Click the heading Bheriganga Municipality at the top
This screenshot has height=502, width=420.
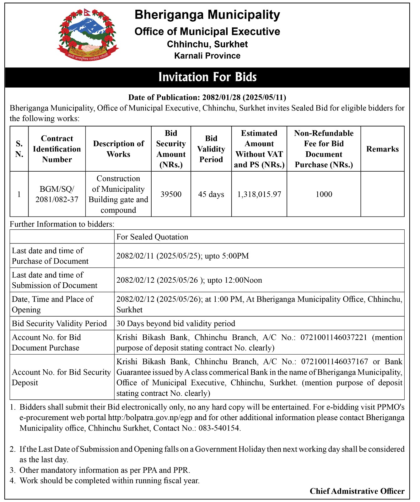tap(207, 15)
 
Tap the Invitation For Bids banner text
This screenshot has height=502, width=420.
tap(207, 77)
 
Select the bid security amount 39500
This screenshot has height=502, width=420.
tap(171, 194)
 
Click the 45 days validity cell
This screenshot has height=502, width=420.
tap(211, 194)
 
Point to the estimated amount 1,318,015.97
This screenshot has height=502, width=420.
tap(259, 194)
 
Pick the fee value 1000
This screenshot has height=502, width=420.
tap(324, 194)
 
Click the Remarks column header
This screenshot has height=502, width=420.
tap(382, 149)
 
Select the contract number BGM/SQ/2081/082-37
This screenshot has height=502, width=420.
tap(57, 194)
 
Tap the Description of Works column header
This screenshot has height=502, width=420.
tap(118, 149)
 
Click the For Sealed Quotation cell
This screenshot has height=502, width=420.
tap(152, 237)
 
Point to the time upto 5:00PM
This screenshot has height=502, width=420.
tap(227, 256)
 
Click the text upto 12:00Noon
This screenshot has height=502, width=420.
tap(234, 280)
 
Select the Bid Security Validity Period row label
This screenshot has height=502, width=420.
tap(59, 323)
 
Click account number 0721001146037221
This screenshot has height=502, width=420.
tap(334, 338)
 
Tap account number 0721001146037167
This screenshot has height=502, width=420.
tap(334, 362)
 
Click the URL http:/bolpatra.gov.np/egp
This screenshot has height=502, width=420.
tap(153, 418)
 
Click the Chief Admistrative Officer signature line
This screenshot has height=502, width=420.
tap(357, 491)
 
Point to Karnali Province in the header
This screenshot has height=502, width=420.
tap(207, 56)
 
